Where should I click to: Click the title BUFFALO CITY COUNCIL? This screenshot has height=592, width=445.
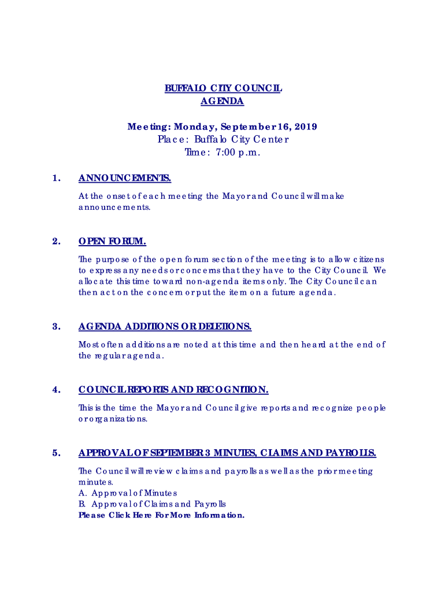tap(222, 88)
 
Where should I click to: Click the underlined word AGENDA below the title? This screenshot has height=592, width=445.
tap(222, 101)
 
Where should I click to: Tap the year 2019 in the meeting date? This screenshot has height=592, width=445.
tap(305, 127)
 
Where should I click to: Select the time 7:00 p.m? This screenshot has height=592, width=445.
tap(238, 152)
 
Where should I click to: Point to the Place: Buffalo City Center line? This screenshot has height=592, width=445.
tap(222, 139)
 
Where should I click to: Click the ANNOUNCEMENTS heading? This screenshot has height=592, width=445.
tap(124, 178)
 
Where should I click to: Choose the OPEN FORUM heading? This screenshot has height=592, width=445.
tap(112, 241)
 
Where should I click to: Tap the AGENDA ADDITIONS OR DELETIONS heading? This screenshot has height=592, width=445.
tap(165, 327)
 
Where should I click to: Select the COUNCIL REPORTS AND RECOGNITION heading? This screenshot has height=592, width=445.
tap(173, 390)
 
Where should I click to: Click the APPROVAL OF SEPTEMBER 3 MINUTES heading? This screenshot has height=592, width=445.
tap(227, 453)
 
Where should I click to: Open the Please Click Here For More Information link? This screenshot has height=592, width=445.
tap(161, 515)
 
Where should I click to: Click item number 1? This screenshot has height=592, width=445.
tap(55, 178)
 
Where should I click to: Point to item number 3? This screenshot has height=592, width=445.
tap(55, 327)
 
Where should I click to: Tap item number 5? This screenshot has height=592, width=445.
tap(55, 453)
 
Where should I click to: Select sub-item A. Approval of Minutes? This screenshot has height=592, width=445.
tap(128, 493)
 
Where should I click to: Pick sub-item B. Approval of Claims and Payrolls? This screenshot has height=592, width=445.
tap(152, 504)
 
